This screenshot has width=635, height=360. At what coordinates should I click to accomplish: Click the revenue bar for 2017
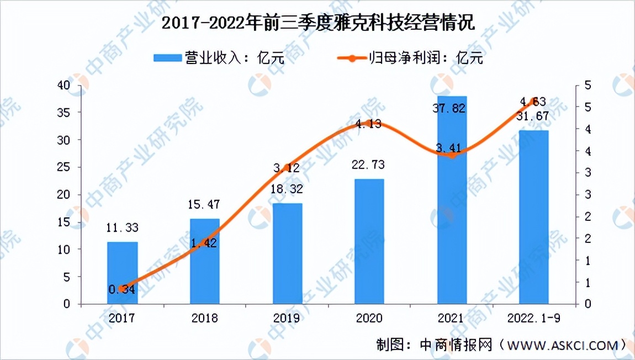click(x=122, y=273)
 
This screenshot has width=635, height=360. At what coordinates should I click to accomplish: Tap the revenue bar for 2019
click(x=287, y=253)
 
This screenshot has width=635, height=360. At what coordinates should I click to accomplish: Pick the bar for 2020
click(x=369, y=241)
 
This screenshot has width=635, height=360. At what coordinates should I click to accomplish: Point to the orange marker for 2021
click(x=452, y=155)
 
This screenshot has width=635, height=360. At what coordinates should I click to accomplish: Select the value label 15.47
click(x=204, y=205)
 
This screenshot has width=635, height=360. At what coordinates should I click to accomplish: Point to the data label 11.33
click(x=122, y=227)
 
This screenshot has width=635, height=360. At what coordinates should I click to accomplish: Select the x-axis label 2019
click(x=287, y=319)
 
